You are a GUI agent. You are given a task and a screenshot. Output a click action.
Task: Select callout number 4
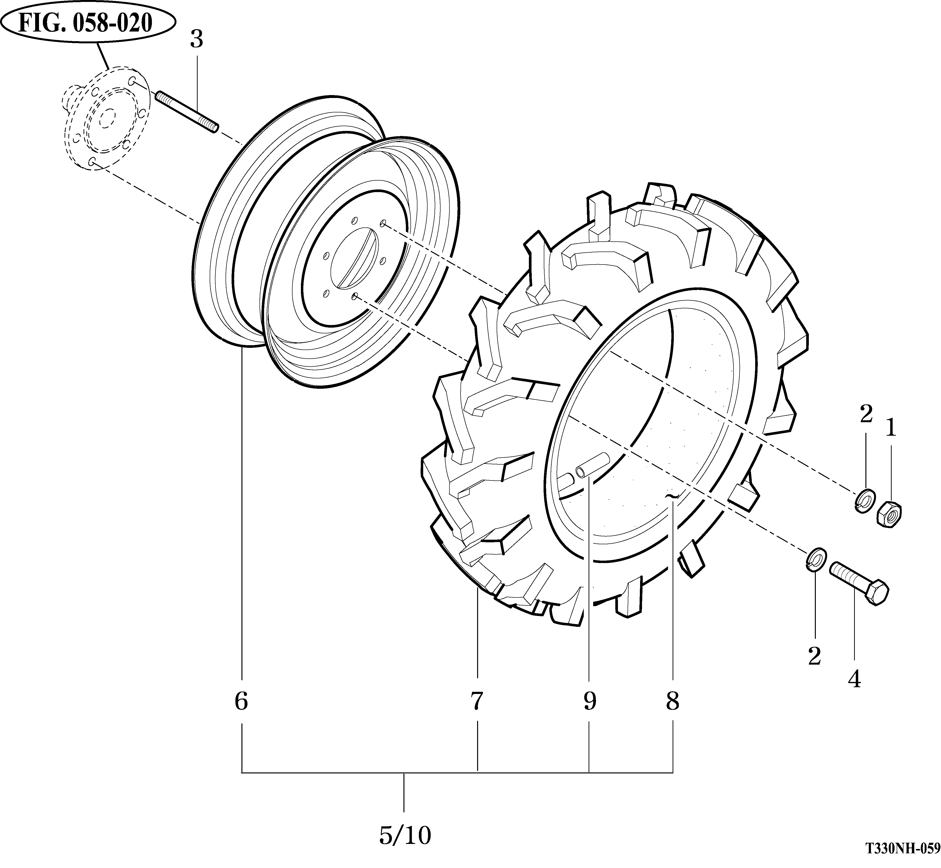tap(855, 679)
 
